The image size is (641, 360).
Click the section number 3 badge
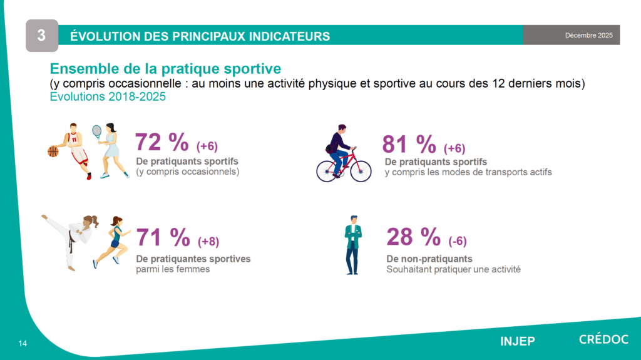coord(41,36)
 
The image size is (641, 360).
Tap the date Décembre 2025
coord(588,35)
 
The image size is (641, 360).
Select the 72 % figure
coord(162,143)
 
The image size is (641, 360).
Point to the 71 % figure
coord(163,237)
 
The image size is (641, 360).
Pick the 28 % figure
coord(413,237)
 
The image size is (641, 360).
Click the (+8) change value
coord(208,241)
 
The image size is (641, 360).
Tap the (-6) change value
coord(458,241)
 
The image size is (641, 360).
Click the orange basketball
coord(53,151)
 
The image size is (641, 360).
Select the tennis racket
coord(96,131)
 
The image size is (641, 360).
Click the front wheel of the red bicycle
coord(361,171)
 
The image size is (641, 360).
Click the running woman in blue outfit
coord(112,241)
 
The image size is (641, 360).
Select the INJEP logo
coord(517,341)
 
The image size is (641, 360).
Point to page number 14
coord(23,343)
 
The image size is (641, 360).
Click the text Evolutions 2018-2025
coord(108,97)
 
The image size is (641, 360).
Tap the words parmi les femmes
coord(173,270)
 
